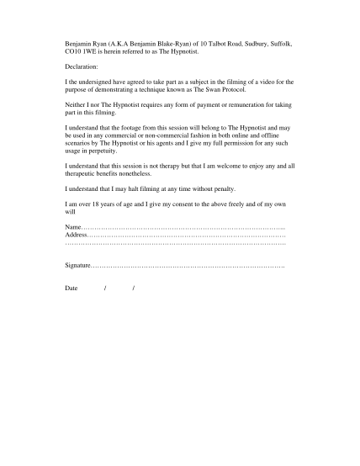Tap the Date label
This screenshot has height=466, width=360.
pos(71,289)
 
